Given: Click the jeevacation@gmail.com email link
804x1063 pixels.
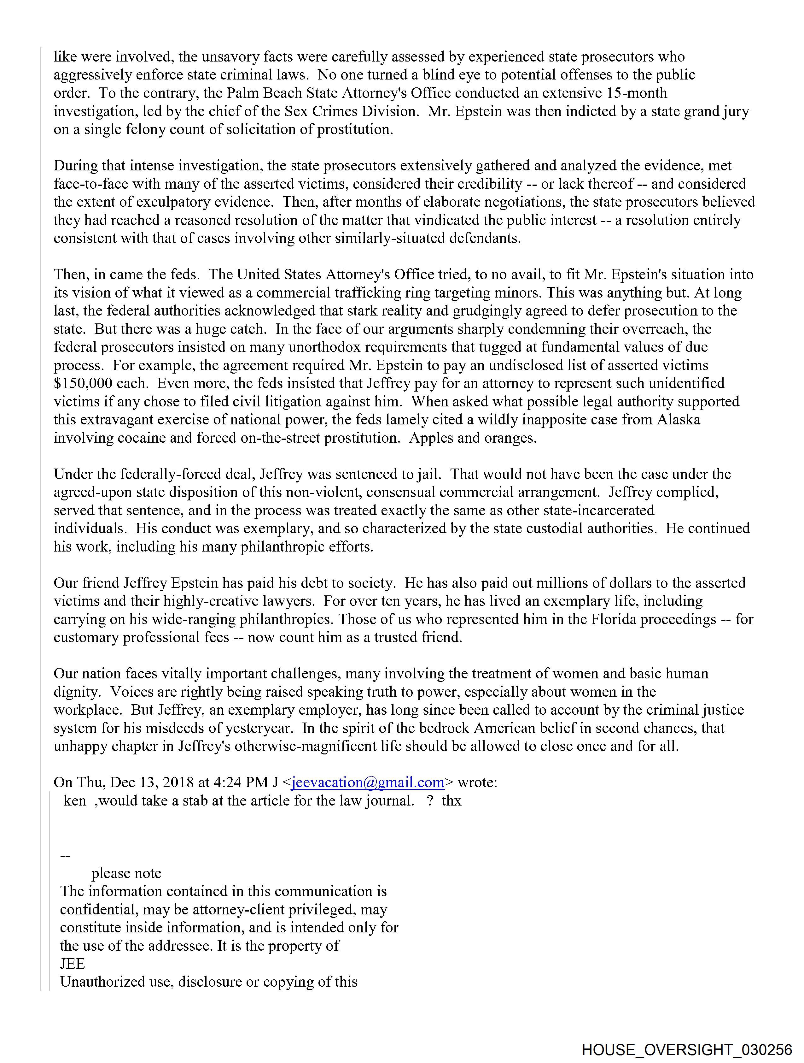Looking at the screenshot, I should pos(367,782).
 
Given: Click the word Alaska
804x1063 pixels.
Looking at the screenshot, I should pos(678,420).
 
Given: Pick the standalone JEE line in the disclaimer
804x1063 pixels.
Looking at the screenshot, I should pos(73,964).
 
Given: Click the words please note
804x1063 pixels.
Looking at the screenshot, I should pos(126,873).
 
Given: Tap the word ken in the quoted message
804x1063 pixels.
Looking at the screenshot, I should pos(75,800).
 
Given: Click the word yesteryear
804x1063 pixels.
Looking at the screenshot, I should pos(252,728).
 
